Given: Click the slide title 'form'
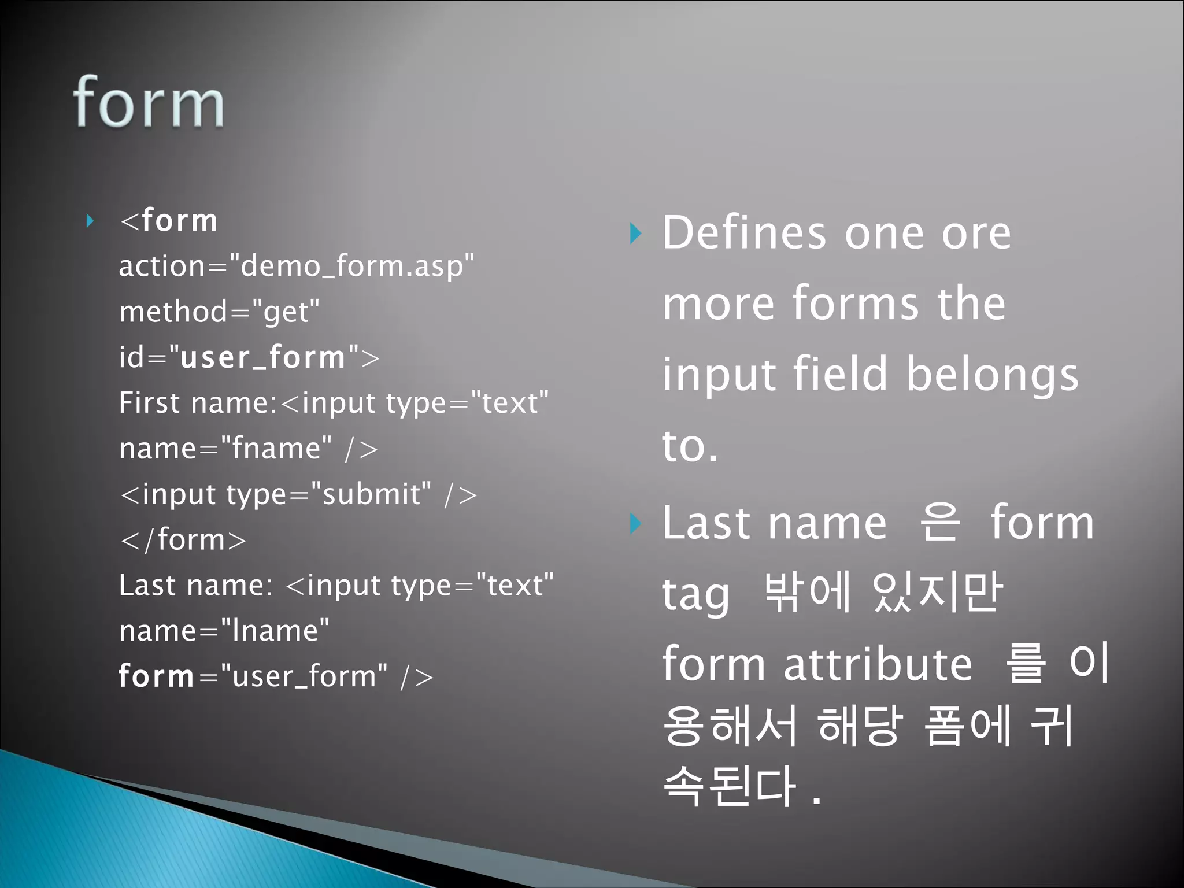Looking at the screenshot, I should pos(149,103).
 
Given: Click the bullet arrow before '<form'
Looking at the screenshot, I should pos(90,221).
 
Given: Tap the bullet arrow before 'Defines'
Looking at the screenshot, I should pos(635,234).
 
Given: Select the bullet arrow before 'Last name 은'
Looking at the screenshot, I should pos(635,524).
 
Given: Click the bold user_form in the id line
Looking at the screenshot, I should pos(263,357).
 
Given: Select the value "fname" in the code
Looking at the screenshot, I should pos(277,449).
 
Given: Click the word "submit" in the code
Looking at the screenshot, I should pos(371,494).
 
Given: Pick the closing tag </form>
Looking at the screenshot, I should pos(183,539).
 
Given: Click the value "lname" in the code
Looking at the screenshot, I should pos(275,631).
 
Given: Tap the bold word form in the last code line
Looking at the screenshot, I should pos(156,676).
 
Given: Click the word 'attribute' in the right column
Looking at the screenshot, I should pos(878,665).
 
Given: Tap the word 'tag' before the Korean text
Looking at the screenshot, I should pos(695,595).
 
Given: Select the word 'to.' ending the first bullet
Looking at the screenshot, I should pos(690,446).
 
